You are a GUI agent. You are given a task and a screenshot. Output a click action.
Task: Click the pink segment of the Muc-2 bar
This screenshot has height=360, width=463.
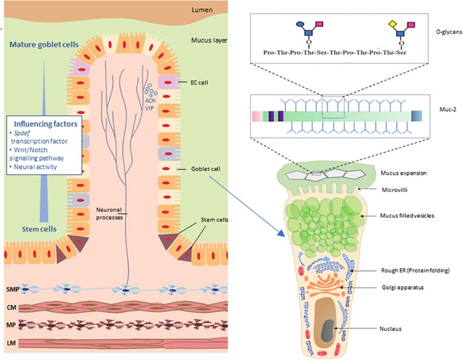coord(257,116)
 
